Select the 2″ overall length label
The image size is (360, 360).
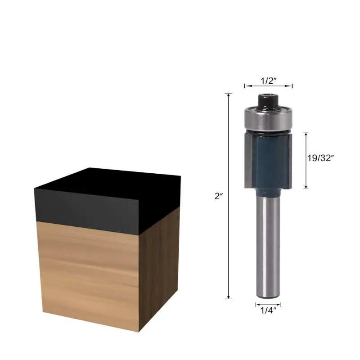pyautogui.click(x=219, y=196)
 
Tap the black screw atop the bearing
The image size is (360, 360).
pyautogui.click(x=268, y=99)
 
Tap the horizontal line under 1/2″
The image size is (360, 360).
pyautogui.click(x=268, y=85)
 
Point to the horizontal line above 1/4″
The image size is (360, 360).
pyautogui.click(x=268, y=304)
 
